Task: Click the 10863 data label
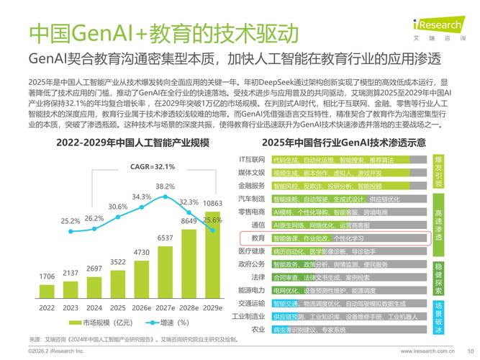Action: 212,204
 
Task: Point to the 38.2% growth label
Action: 165,186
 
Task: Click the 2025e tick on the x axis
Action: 118,307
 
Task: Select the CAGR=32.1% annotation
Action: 153,166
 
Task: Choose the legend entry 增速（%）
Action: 171,322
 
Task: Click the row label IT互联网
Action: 252,158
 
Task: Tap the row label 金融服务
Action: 252,185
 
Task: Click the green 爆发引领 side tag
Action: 439,171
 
